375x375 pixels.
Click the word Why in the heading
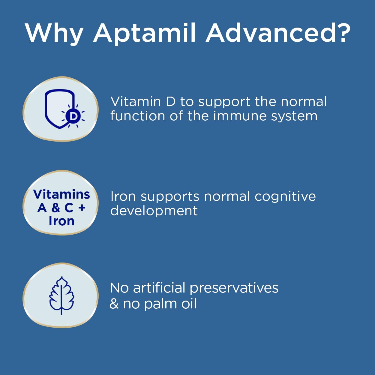coord(54,33)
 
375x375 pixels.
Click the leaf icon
coord(61,295)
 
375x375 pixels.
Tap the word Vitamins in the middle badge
coord(61,194)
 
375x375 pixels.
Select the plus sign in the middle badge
coord(82,208)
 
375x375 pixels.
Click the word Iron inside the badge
coord(61,221)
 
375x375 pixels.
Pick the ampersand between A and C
coord(56,208)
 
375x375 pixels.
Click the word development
coord(154,211)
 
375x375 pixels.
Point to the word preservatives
coord(234,288)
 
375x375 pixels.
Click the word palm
coord(160,304)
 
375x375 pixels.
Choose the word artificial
coord(159,288)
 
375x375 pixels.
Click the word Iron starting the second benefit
coord(123,196)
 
